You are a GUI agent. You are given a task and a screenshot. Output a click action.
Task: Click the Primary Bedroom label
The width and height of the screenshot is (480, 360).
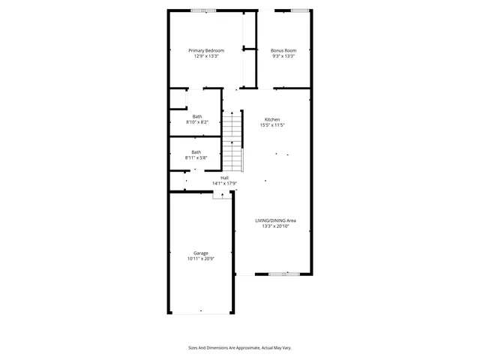tap(206, 50)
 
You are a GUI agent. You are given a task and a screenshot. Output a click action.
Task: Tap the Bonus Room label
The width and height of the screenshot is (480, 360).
tap(283, 50)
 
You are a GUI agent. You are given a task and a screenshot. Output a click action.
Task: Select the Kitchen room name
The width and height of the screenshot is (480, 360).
tap(271, 120)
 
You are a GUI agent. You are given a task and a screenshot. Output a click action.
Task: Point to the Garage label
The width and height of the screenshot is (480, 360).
tap(200, 253)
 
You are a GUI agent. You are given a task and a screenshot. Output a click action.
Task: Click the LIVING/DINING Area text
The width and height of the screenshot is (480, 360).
tap(275, 220)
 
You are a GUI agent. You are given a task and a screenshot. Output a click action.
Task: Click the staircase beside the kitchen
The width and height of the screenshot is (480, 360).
tap(233, 141)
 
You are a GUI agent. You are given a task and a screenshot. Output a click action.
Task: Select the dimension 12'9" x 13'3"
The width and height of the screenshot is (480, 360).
tap(206, 56)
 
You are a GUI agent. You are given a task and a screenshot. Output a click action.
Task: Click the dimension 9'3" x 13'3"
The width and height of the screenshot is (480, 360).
tap(283, 56)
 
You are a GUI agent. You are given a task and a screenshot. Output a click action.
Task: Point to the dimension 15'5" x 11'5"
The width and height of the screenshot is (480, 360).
tap(271, 126)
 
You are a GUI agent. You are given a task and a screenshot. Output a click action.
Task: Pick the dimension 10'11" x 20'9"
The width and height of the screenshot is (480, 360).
tap(200, 259)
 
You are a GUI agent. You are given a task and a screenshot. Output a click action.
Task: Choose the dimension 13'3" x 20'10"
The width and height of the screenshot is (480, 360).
tap(275, 226)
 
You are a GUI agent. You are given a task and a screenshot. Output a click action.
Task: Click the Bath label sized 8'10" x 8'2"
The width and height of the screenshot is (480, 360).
tap(196, 116)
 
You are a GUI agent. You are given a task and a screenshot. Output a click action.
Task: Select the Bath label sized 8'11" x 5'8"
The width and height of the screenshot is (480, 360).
tap(196, 152)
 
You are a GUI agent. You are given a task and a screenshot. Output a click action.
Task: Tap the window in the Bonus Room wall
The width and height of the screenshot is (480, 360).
tap(300, 10)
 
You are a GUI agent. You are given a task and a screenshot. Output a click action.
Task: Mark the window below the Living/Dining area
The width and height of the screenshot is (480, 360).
tap(278, 274)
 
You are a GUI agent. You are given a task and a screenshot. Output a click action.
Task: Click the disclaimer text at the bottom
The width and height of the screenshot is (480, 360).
tap(239, 347)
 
